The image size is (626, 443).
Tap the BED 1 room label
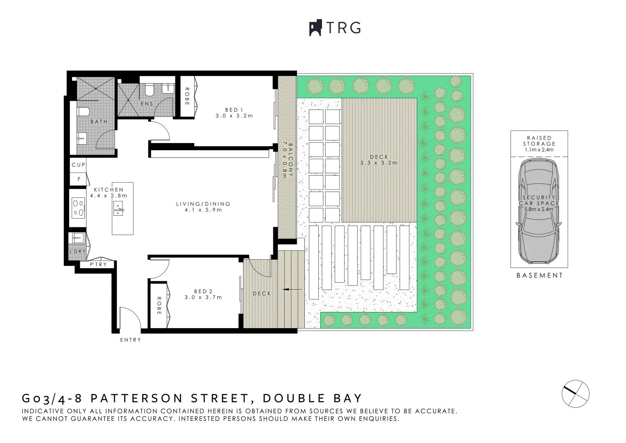click(x=234, y=110)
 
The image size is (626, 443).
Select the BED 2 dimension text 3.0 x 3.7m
click(x=203, y=297)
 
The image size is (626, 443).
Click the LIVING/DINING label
click(x=203, y=204)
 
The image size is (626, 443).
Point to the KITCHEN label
click(x=109, y=190)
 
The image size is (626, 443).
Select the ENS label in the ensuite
click(x=147, y=104)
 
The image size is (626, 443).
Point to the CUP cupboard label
click(x=79, y=165)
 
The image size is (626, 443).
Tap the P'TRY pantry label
click(x=98, y=265)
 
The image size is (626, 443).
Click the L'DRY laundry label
click(x=77, y=251)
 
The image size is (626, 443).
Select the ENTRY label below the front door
click(x=131, y=340)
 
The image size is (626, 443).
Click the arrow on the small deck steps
click(x=293, y=290)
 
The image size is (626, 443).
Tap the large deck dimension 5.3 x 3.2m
click(x=379, y=163)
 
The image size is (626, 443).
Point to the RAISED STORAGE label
click(x=539, y=141)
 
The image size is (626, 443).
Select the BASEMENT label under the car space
click(x=540, y=276)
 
